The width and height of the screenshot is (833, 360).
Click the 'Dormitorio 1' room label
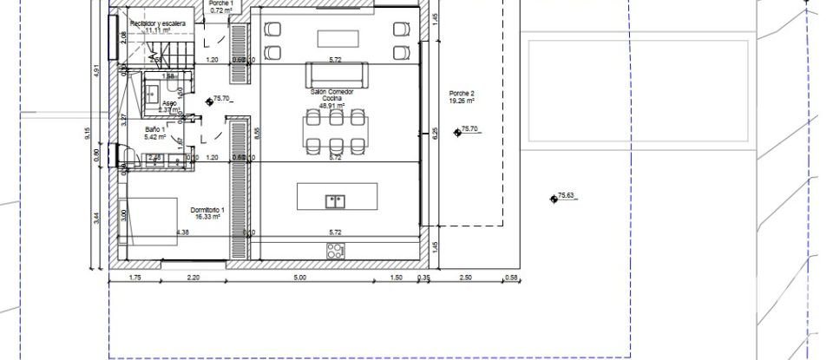point(207,211)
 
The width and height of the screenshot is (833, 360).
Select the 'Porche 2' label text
point(462,93)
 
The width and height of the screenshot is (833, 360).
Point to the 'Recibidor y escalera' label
point(157,23)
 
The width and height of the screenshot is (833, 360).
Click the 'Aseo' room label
point(169,103)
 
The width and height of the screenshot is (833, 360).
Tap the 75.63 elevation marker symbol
point(553,199)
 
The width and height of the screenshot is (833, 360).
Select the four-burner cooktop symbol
point(336,251)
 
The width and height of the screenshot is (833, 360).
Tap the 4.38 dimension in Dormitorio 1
point(182,232)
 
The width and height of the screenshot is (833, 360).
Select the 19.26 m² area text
point(462,101)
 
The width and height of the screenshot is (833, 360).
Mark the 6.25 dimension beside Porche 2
point(436,134)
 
